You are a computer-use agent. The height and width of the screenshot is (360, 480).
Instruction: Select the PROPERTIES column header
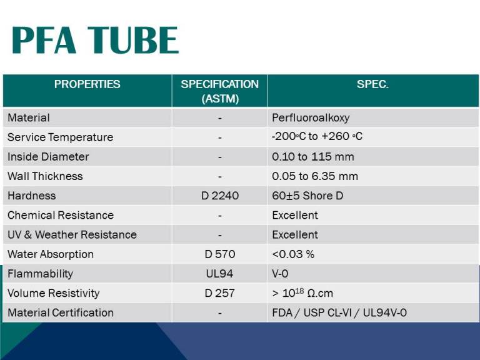[x=87, y=84]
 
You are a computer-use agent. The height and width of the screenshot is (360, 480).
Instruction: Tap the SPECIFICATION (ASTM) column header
[x=219, y=91]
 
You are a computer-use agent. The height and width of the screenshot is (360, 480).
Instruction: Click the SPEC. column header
[x=372, y=84]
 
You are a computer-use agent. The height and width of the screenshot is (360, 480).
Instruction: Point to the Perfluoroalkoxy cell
[x=311, y=117]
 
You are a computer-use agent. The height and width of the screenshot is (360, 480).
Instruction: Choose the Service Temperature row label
[x=60, y=137]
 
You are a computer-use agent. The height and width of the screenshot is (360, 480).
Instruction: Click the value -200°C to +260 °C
[x=317, y=137]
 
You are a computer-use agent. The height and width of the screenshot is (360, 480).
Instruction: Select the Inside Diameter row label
[x=48, y=157]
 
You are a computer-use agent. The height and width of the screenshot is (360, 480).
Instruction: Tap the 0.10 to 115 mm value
[x=312, y=157]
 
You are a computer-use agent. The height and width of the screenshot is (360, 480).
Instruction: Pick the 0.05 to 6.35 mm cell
[x=315, y=176]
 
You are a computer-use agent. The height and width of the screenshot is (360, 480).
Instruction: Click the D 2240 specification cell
[x=219, y=196]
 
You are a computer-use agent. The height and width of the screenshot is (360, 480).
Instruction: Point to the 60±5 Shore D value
[x=307, y=196]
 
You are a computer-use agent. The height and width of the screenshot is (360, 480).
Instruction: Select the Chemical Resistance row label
[x=61, y=215]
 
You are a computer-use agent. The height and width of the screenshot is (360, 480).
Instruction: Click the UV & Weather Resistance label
[x=72, y=235]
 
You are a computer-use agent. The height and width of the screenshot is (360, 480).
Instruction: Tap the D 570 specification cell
[x=219, y=254]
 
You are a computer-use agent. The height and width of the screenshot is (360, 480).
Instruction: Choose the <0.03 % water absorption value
[x=293, y=254]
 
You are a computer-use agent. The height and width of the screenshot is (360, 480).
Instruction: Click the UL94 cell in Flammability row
[x=219, y=274]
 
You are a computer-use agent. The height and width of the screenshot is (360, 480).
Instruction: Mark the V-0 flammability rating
[x=280, y=274]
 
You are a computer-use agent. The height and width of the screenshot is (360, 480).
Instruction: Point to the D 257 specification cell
[x=219, y=293]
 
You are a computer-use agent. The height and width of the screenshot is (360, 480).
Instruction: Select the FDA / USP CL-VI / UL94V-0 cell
[x=339, y=312]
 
